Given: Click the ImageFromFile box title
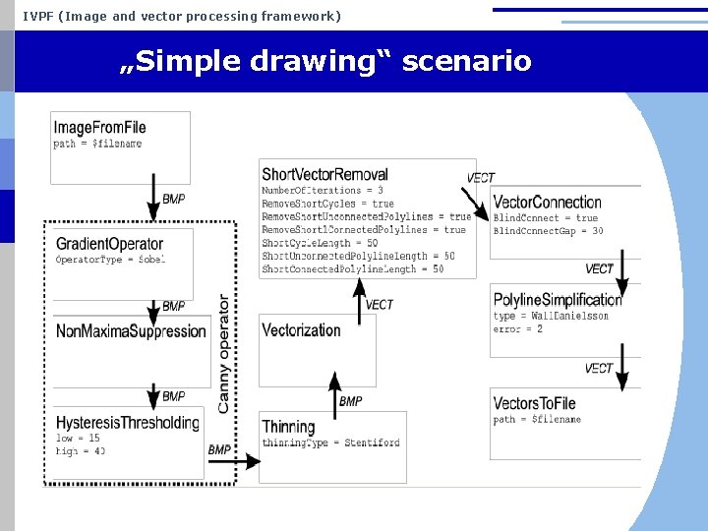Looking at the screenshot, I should (x=99, y=128).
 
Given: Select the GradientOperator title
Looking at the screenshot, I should (x=109, y=244).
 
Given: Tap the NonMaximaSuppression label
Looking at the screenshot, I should (x=131, y=331).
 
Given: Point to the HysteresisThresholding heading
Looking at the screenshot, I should (x=127, y=423).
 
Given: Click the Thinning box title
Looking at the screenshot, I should (x=288, y=427).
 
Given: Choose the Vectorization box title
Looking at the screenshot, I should (x=301, y=330).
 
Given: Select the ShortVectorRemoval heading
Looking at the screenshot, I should (x=324, y=175).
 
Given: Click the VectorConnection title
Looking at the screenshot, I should (x=547, y=203).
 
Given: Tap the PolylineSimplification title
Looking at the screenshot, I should (x=557, y=300).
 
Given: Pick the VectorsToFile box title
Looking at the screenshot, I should (x=534, y=403).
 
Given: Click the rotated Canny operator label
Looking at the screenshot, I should (x=224, y=354).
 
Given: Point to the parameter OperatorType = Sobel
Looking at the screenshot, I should (x=110, y=260).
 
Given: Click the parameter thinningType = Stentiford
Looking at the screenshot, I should (x=330, y=442).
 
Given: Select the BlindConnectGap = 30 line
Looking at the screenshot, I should (x=548, y=231).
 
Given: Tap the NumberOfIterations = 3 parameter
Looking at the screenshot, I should (x=322, y=190).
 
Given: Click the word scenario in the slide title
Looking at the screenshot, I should (x=467, y=61).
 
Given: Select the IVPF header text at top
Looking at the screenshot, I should (x=182, y=16).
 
